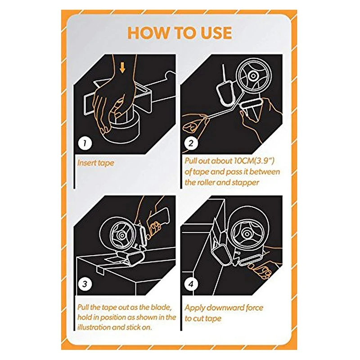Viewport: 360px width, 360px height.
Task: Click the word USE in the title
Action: click(216, 32)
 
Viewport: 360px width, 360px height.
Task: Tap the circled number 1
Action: click(85, 143)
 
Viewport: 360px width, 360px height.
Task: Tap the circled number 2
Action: click(191, 143)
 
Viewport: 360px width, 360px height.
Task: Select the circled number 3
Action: click(85, 284)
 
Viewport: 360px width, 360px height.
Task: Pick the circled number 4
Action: click(191, 284)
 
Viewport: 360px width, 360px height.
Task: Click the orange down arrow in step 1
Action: click(122, 68)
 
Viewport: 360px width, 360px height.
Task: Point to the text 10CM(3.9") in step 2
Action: click(254, 161)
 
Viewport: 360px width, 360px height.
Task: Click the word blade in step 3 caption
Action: click(162, 307)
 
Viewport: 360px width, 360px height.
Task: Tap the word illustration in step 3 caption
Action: click(94, 327)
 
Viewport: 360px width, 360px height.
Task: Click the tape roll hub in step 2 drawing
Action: click(253, 76)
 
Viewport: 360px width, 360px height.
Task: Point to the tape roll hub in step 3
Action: click(122, 235)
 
